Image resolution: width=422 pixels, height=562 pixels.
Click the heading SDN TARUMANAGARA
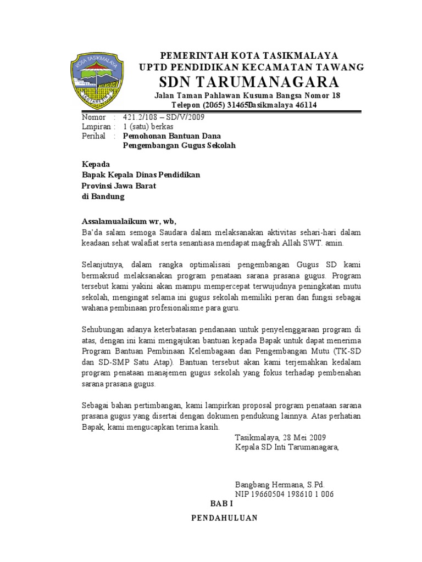pos(249,82)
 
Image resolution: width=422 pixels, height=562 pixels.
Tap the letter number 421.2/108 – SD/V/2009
pos(163,117)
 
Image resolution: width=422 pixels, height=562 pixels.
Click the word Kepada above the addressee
pos(96,165)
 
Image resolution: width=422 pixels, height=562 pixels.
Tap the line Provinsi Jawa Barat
pos(119,186)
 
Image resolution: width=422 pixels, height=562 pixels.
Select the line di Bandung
pos(103,196)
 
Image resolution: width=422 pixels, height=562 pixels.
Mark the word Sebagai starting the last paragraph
pos(96,405)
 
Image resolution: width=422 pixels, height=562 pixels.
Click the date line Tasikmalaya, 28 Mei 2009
pos(280,437)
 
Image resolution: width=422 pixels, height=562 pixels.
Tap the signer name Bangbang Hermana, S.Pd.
pos(280,485)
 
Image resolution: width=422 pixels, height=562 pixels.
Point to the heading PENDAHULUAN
pos(224,519)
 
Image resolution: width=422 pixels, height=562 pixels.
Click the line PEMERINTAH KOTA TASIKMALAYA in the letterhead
pos(249,56)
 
